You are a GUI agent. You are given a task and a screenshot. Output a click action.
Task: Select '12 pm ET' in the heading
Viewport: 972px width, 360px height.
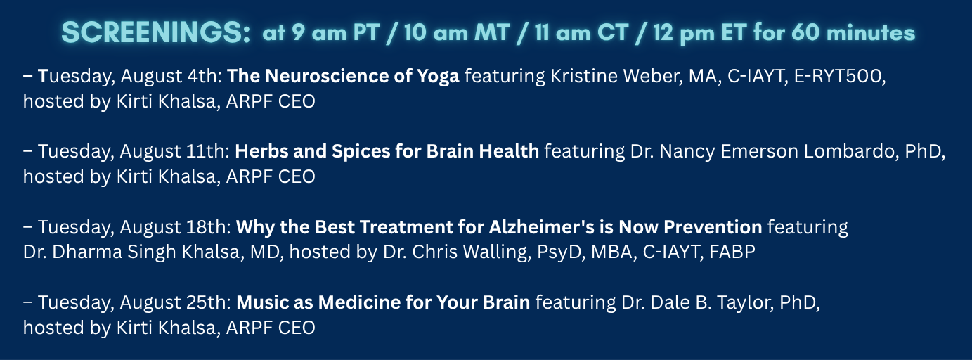pyautogui.click(x=700, y=32)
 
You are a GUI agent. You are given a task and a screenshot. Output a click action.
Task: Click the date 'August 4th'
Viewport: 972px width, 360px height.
pyautogui.click(x=171, y=77)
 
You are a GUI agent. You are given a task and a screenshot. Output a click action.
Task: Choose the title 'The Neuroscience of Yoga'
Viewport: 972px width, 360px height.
pyautogui.click(x=343, y=76)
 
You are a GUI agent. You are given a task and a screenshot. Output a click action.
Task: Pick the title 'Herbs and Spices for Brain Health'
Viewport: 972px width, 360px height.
pyautogui.click(x=387, y=151)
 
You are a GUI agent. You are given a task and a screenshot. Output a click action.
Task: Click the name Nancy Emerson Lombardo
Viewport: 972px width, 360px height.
pyautogui.click(x=779, y=151)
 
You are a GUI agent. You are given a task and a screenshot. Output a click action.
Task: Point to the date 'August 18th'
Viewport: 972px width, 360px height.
pyautogui.click(x=175, y=227)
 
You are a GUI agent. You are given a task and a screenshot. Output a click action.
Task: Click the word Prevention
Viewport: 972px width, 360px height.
pyautogui.click(x=713, y=226)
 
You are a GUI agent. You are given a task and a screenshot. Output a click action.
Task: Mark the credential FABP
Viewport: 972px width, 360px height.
pyautogui.click(x=732, y=252)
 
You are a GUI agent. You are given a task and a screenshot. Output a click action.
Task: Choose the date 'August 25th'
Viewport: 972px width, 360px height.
pyautogui.click(x=175, y=302)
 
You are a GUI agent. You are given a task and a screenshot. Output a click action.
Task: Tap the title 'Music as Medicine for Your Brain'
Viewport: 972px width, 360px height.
pyautogui.click(x=383, y=302)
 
